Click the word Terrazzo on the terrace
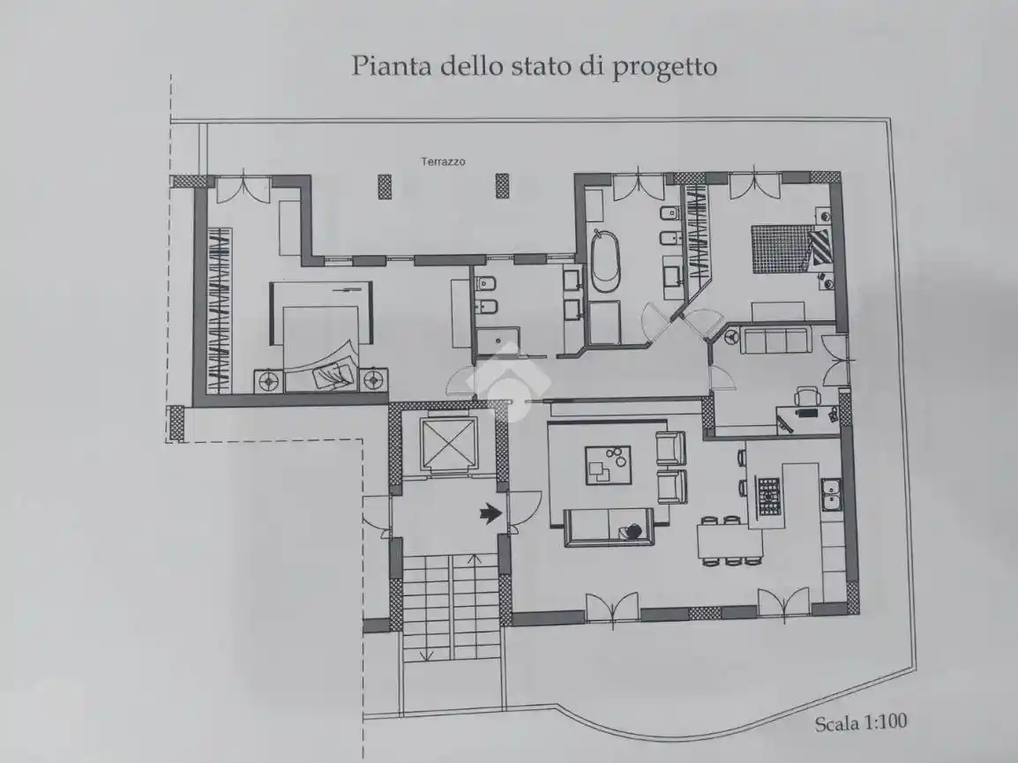pyautogui.click(x=443, y=161)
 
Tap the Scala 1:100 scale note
pyautogui.click(x=861, y=723)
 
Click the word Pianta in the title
pyautogui.click(x=385, y=66)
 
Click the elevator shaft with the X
pyautogui.click(x=448, y=444)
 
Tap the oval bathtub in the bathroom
pyautogui.click(x=605, y=260)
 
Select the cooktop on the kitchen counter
pyautogui.click(x=769, y=497)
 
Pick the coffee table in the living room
pyautogui.click(x=608, y=465)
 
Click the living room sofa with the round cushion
pyautogui.click(x=609, y=528)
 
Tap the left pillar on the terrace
pyautogui.click(x=385, y=185)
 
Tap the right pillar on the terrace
pyautogui.click(x=502, y=185)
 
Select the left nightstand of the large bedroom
pyautogui.click(x=268, y=381)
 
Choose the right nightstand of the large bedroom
pyautogui.click(x=375, y=381)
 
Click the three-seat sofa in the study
pyautogui.click(x=773, y=340)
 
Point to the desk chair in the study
pyautogui.click(x=806, y=397)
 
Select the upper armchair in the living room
pyautogui.click(x=670, y=448)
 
